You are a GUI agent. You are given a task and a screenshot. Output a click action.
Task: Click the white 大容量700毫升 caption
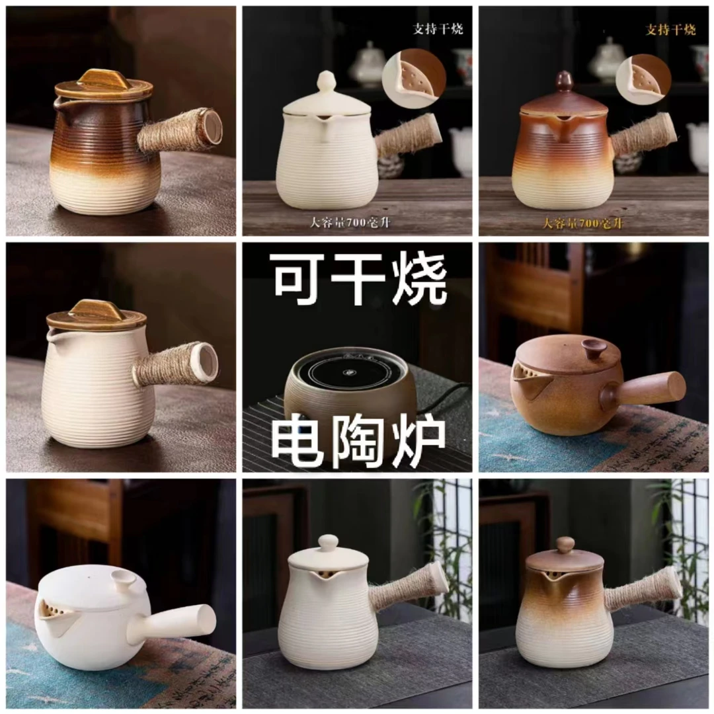coord(350,222)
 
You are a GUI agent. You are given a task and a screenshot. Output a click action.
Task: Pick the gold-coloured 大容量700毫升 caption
coord(583,223)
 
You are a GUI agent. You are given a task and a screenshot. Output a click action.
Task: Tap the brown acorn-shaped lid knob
coord(563,82)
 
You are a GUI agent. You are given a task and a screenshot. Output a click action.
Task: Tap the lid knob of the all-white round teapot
coord(123,580)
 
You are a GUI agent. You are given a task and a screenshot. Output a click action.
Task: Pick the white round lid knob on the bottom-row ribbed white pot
coord(328,543)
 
